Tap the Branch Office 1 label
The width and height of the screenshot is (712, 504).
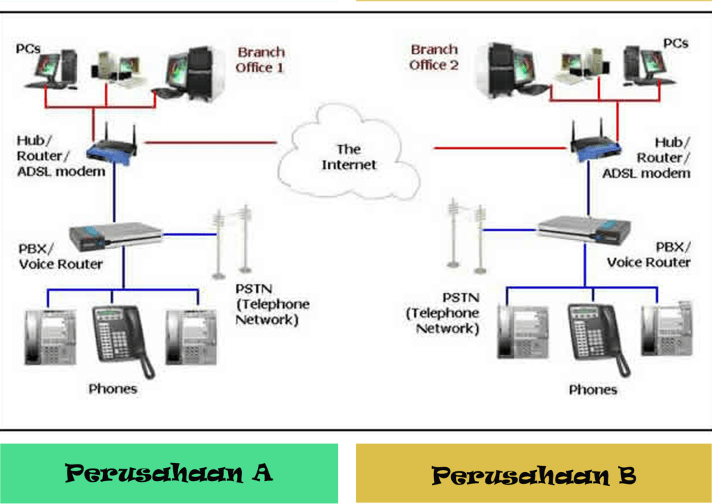click(260, 60)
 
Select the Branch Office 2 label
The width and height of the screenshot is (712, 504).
click(434, 57)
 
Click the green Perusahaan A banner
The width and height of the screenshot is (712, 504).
click(169, 473)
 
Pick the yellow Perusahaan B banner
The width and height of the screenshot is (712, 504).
click(533, 475)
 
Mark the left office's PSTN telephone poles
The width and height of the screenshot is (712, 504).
click(231, 240)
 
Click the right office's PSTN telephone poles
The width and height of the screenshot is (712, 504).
click(466, 233)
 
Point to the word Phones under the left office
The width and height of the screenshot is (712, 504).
click(113, 389)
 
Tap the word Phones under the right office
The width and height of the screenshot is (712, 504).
click(592, 389)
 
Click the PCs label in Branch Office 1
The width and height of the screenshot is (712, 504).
click(29, 49)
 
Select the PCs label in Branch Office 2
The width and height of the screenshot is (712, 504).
click(675, 43)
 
